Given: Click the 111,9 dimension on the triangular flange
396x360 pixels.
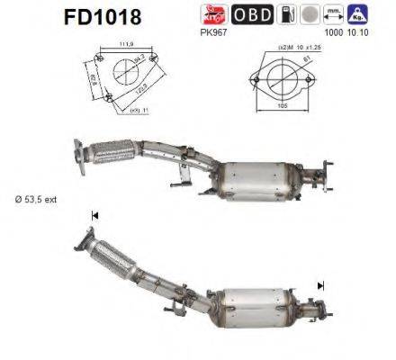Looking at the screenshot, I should pos(128,42).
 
